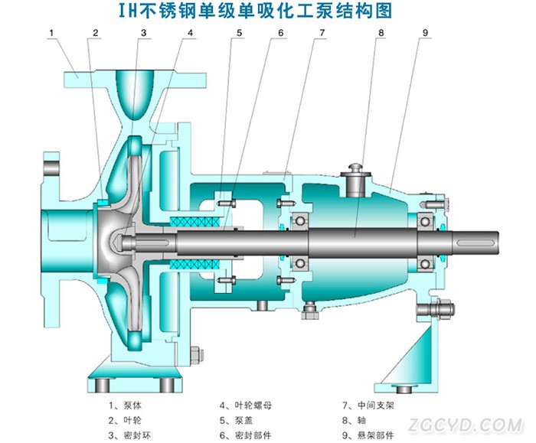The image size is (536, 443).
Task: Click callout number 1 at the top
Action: pyautogui.click(x=51, y=33)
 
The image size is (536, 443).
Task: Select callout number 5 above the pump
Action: pyautogui.click(x=239, y=33)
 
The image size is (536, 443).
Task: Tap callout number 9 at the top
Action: pyautogui.click(x=425, y=33)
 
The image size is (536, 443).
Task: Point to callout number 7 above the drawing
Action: pyautogui.click(x=322, y=33)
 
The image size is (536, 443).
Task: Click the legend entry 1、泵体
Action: pyautogui.click(x=125, y=406)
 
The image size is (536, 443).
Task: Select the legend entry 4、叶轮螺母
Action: pyautogui.click(x=246, y=406)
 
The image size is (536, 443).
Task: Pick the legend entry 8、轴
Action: pyautogui.click(x=354, y=420)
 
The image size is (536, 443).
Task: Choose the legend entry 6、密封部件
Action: pyautogui.click(x=246, y=435)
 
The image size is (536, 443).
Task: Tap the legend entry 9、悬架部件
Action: pyautogui.click(x=368, y=435)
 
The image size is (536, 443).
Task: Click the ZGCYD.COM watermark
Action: pyautogui.click(x=466, y=425)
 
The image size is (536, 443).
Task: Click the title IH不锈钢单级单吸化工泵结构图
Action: pyautogui.click(x=255, y=11)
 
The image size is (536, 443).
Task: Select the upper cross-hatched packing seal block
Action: pyautogui.click(x=194, y=222)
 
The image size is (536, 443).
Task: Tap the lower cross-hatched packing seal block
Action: pyautogui.click(x=194, y=265)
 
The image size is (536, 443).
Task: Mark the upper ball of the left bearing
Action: pyautogui.click(x=300, y=220)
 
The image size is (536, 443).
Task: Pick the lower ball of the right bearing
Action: pyautogui.click(x=425, y=264)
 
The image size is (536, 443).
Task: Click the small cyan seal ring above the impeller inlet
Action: pyautogui.click(x=102, y=203)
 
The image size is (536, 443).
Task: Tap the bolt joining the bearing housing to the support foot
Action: pyautogui.click(x=436, y=309)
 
